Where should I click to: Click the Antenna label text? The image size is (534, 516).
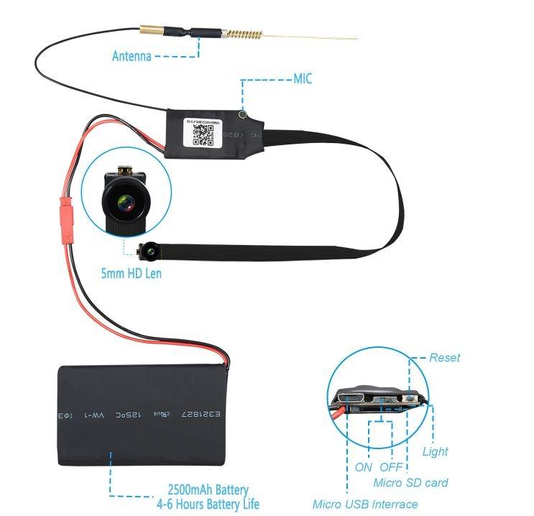132,55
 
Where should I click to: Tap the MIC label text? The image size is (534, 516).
303,79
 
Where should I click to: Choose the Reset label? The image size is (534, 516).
444,357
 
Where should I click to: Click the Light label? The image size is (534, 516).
435,451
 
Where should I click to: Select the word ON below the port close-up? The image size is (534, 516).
364,467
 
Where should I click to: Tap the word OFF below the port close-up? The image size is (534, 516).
391,467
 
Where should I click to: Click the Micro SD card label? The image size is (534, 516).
410,483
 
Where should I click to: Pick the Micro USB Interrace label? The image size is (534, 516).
365,504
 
